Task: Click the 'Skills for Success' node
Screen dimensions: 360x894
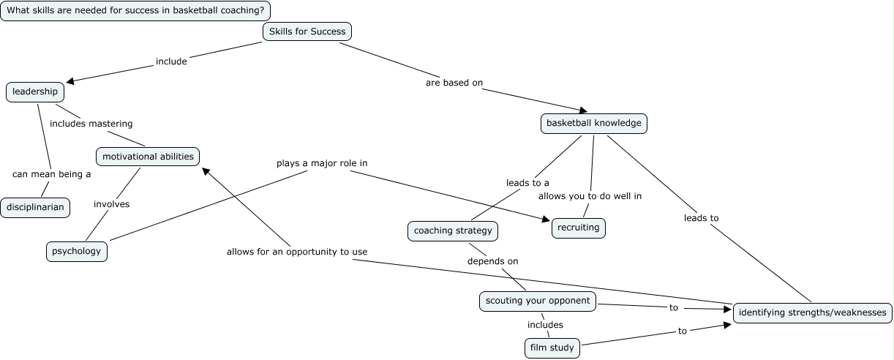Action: point(307,31)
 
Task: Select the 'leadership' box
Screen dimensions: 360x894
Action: point(35,92)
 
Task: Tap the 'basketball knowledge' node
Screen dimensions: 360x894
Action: point(593,123)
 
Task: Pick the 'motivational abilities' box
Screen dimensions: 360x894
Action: point(148,157)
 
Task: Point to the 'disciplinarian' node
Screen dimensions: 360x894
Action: point(36,208)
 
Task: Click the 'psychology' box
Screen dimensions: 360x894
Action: point(76,251)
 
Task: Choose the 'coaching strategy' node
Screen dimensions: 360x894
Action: point(453,231)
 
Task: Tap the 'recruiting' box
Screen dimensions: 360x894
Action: point(578,228)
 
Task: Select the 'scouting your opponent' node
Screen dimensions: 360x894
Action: point(537,301)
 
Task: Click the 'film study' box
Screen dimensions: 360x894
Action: point(552,348)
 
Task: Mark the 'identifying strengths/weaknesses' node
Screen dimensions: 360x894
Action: point(812,313)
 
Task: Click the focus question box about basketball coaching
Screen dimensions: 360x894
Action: point(135,11)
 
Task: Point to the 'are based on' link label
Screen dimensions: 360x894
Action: point(454,83)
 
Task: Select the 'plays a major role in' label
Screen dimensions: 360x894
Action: point(321,162)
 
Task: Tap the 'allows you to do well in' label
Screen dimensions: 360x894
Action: point(590,196)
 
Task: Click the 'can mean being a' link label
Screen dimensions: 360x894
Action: point(51,174)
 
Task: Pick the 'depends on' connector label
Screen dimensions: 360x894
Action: point(492,261)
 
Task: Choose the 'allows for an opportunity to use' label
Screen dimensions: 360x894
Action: point(296,252)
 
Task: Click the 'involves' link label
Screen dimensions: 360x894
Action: point(111,204)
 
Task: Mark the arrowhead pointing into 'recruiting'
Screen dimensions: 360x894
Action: point(546,219)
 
